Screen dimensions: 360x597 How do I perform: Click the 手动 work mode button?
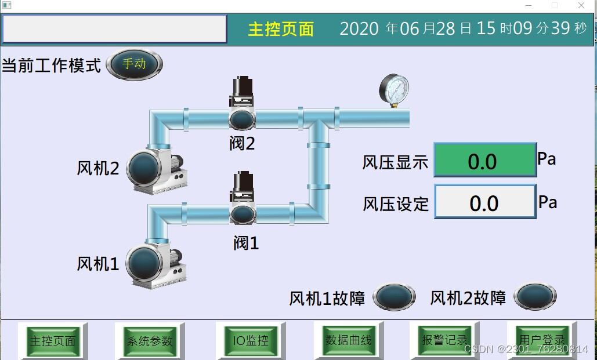pos(134,64)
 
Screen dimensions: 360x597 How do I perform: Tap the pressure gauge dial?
pos(394,89)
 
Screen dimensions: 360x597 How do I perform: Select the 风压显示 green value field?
pos(485,160)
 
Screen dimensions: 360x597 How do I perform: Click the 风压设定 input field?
pos(485,202)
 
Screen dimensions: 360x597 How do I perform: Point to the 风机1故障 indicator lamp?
pos(394,297)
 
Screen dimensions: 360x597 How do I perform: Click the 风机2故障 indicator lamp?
pos(535,297)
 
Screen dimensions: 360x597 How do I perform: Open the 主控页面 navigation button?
pos(53,340)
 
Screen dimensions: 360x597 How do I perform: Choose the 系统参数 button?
pos(149,341)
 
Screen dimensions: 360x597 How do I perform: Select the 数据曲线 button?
pos(348,340)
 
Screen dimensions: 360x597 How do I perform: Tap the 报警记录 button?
pos(444,340)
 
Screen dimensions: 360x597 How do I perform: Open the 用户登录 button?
pos(541,340)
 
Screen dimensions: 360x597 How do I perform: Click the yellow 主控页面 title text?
pos(281,29)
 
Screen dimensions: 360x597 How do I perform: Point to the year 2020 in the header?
pos(359,28)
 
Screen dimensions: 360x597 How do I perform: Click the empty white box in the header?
pos(114,29)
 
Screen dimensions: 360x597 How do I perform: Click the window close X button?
pos(581,5)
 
